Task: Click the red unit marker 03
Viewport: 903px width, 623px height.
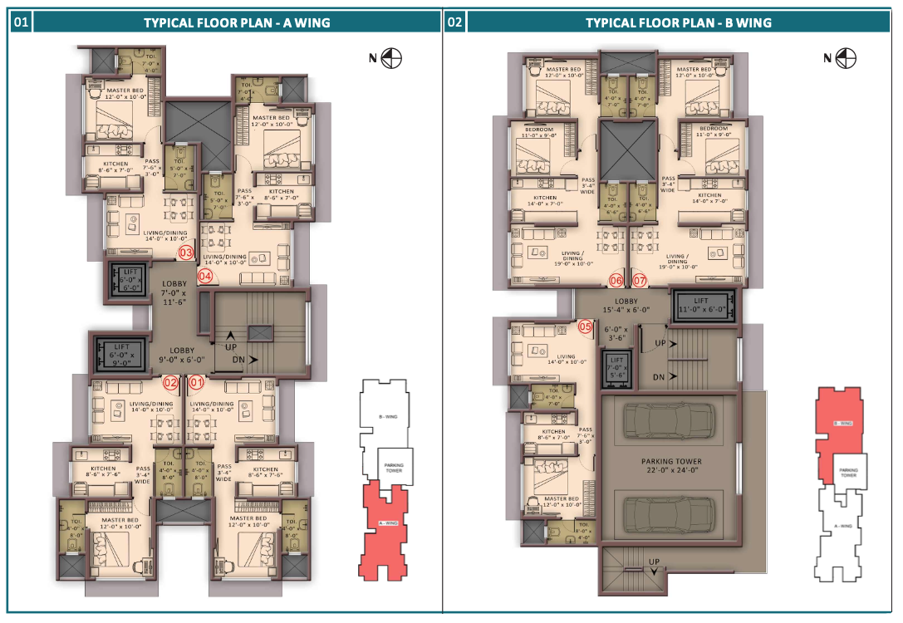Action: tap(186, 253)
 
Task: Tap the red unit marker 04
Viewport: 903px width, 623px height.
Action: tap(204, 276)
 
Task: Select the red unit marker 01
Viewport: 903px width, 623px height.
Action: tap(197, 383)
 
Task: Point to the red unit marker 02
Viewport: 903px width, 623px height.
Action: tap(170, 383)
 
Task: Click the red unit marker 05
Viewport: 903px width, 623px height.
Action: tap(586, 326)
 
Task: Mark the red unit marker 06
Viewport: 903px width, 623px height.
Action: tap(616, 281)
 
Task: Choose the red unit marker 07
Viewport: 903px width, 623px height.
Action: tap(640, 281)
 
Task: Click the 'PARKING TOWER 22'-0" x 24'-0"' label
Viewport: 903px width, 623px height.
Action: tap(671, 466)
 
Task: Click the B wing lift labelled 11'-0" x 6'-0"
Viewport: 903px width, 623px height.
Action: tap(702, 305)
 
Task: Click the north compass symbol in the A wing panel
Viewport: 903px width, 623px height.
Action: tap(394, 57)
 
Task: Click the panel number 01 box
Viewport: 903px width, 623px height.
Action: tap(21, 22)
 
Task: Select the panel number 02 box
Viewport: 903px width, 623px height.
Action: tap(454, 22)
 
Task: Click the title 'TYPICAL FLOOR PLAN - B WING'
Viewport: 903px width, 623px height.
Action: tap(678, 22)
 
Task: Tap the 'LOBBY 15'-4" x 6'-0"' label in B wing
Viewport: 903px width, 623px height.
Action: tap(626, 306)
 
